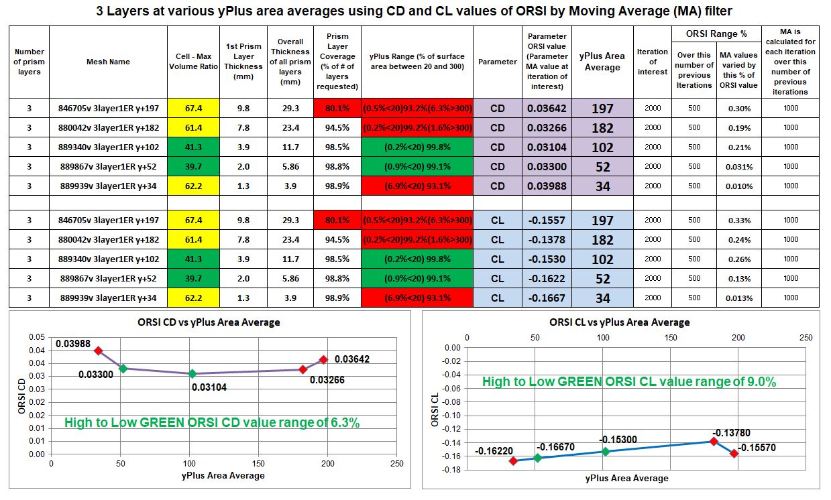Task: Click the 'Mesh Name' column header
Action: pyautogui.click(x=108, y=62)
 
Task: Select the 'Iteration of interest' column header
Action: pyautogui.click(x=652, y=62)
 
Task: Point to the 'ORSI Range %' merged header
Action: pyautogui.click(x=716, y=34)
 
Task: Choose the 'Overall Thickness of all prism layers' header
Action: pyautogui.click(x=290, y=62)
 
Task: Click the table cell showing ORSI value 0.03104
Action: pyautogui.click(x=546, y=147)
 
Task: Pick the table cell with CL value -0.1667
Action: pyautogui.click(x=546, y=298)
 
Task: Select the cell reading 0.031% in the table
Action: pyautogui.click(x=738, y=167)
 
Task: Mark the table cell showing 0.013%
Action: pyautogui.click(x=738, y=298)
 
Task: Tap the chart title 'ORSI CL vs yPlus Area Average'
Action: pyautogui.click(x=619, y=322)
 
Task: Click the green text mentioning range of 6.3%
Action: pyautogui.click(x=212, y=423)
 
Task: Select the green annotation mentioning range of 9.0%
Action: pyautogui.click(x=629, y=382)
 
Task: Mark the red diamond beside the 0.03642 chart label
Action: pyautogui.click(x=323, y=360)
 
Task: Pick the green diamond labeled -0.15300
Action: pyautogui.click(x=606, y=451)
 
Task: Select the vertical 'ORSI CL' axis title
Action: pyautogui.click(x=435, y=409)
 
